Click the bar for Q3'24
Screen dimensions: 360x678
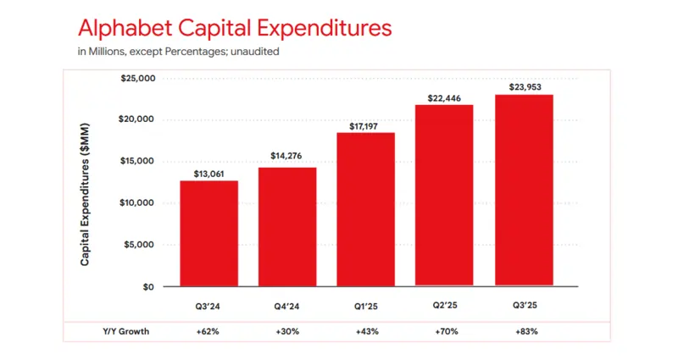tap(208, 233)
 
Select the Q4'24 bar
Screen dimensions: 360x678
tap(287, 226)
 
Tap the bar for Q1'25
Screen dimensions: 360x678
tap(366, 209)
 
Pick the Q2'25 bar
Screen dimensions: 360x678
tap(444, 195)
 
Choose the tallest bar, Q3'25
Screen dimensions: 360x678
tap(523, 190)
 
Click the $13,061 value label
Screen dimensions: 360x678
tap(208, 173)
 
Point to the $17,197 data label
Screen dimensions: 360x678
tap(366, 125)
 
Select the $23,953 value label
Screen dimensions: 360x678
tap(523, 86)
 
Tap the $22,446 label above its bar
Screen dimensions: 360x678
tap(444, 97)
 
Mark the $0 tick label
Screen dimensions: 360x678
tap(147, 287)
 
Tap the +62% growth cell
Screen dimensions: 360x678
tap(208, 332)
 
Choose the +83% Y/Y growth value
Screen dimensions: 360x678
tap(523, 332)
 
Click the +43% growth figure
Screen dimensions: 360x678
tap(366, 332)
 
